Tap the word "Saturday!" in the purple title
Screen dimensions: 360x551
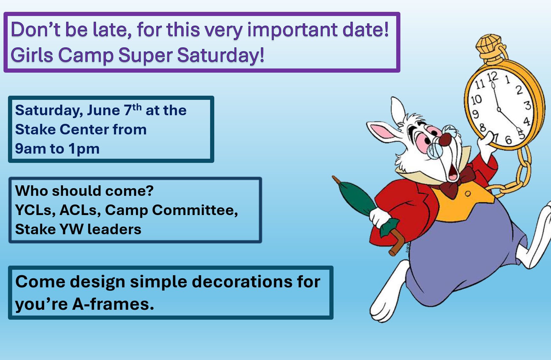[221, 55]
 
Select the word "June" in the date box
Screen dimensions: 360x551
[104, 110]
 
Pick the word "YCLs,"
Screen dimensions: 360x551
[35, 210]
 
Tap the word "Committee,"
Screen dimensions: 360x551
[195, 210]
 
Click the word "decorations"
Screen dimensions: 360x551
[242, 282]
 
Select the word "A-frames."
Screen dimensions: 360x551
[113, 304]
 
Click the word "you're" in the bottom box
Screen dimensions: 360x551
[41, 304]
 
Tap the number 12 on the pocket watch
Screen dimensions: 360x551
[492, 77]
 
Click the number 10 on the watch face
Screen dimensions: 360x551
[476, 100]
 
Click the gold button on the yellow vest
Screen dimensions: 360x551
[468, 194]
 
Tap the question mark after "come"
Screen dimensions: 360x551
[150, 191]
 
